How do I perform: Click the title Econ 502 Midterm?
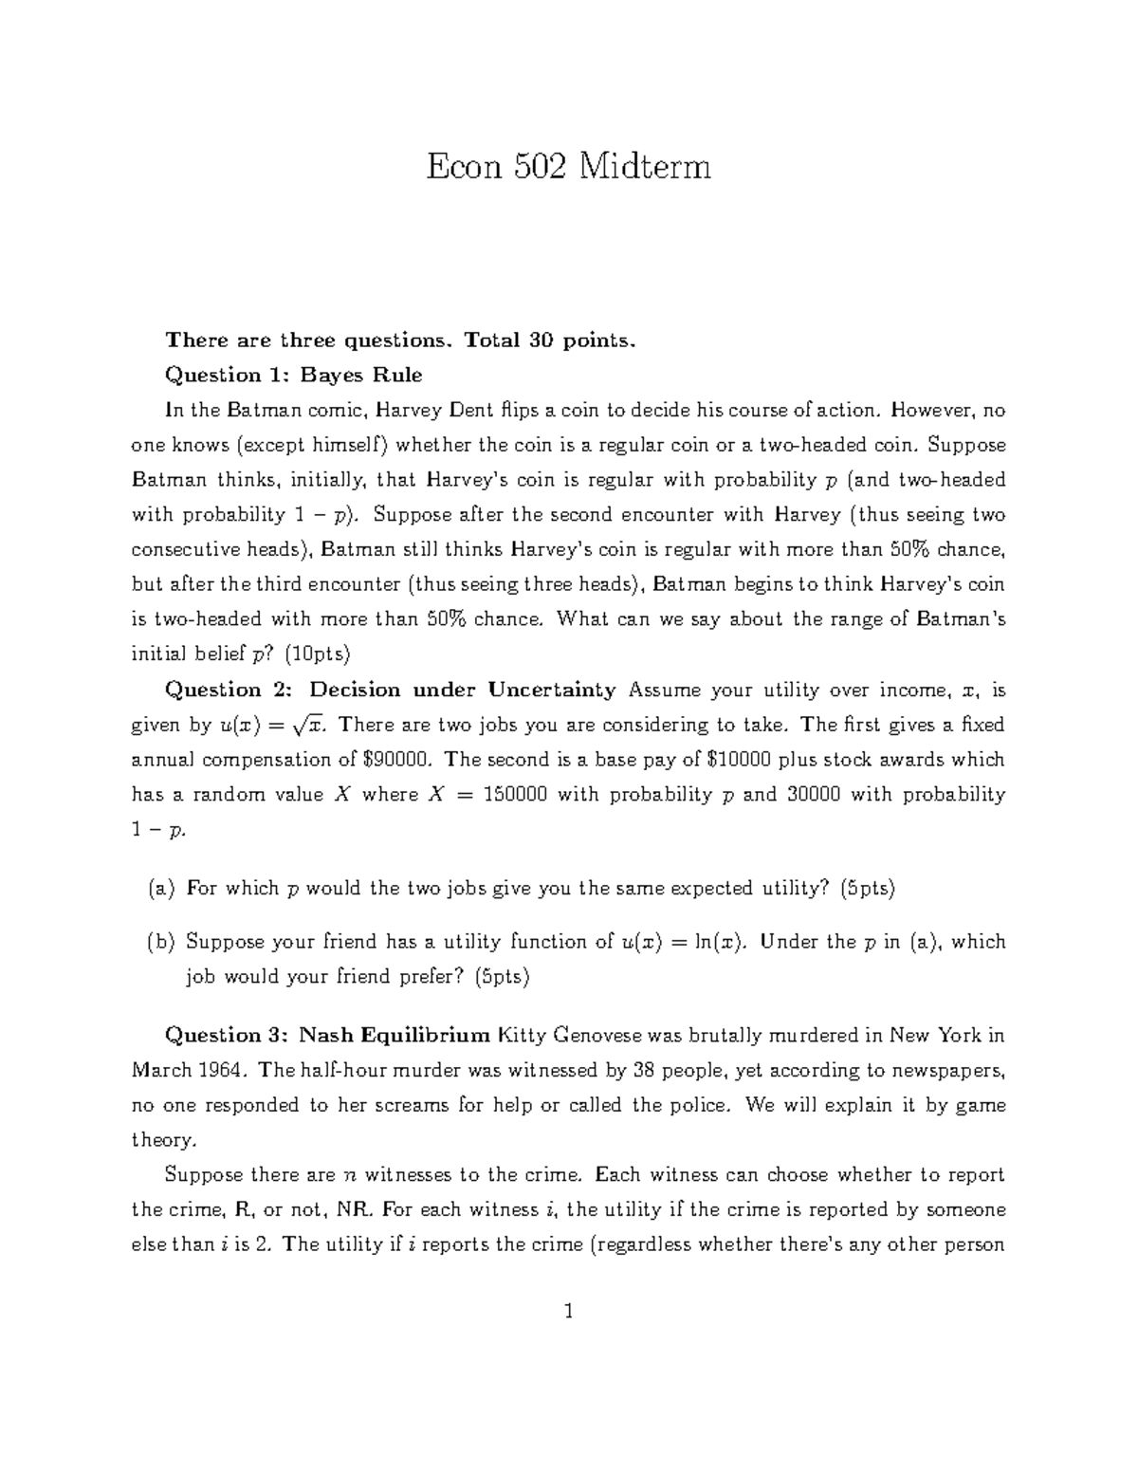tap(568, 167)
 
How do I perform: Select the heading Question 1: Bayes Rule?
tap(293, 375)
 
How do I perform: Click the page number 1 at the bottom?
tap(568, 1312)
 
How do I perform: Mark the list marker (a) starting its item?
tap(161, 889)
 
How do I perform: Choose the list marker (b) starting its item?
tap(161, 942)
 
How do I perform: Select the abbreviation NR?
tap(348, 1209)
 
